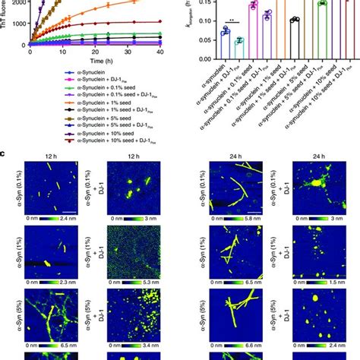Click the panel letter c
pyautogui.click(x=5, y=154)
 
